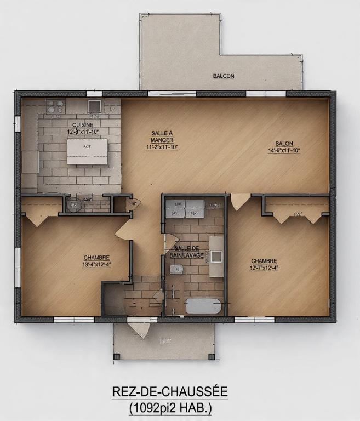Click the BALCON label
pyautogui.click(x=224, y=76)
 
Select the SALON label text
pyautogui.click(x=284, y=144)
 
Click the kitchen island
pyautogui.click(x=87, y=151)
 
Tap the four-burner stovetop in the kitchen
pyautogui.click(x=54, y=106)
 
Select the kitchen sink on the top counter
pyautogui.click(x=94, y=105)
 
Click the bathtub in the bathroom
pyautogui.click(x=203, y=305)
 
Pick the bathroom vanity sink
pyautogui.click(x=216, y=255)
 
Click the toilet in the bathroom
pyautogui.click(x=176, y=269)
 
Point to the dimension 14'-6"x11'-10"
pyautogui.click(x=284, y=150)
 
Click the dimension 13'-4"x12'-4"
pyautogui.click(x=96, y=264)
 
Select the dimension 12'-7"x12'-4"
pyautogui.click(x=264, y=268)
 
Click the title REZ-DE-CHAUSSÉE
pyautogui.click(x=169, y=392)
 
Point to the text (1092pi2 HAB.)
pyautogui.click(x=170, y=408)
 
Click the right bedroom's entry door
pyautogui.click(x=239, y=201)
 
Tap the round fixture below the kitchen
pyautogui.click(x=73, y=205)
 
